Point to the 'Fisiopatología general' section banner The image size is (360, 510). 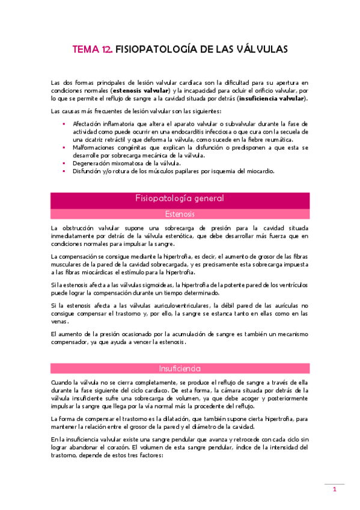(180, 198)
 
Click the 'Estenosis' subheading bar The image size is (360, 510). (180, 213)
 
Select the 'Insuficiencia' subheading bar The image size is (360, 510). (180, 368)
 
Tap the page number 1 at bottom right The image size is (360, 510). (335, 490)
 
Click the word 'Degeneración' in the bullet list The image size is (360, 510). (92, 163)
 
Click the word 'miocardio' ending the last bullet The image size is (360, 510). (260, 171)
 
